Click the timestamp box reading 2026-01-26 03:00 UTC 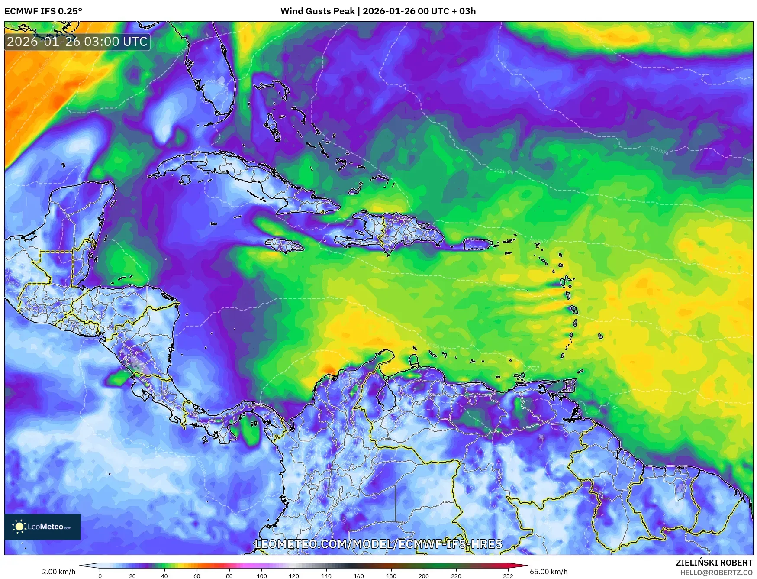[x=77, y=42]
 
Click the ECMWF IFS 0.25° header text [x=43, y=11]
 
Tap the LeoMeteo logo [x=42, y=527]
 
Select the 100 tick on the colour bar [x=261, y=576]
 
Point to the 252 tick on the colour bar [x=508, y=576]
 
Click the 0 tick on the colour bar [x=100, y=576]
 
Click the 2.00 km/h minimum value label [x=58, y=572]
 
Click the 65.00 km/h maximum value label [x=548, y=572]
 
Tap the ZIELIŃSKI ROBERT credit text [x=714, y=563]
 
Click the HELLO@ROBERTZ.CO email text [x=716, y=573]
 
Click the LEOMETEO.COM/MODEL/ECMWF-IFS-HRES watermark [x=379, y=544]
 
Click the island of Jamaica [x=284, y=246]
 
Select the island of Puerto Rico [x=477, y=244]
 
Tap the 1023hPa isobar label [x=659, y=150]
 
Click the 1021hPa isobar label [x=503, y=171]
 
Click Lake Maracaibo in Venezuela [x=383, y=396]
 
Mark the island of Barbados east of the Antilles [x=601, y=336]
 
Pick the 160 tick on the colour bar [x=358, y=576]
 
